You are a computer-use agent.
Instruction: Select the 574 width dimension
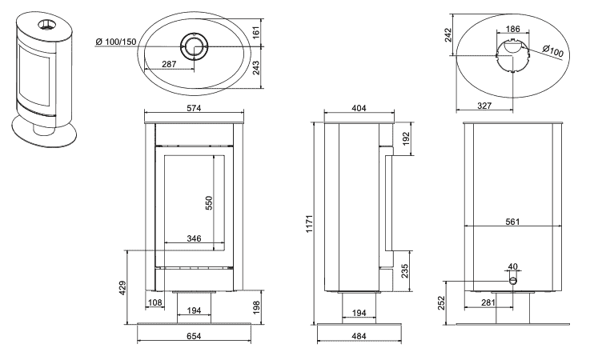click(194, 107)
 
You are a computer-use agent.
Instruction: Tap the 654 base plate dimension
click(195, 338)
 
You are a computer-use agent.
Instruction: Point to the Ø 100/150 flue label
click(115, 42)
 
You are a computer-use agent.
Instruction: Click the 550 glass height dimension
click(210, 202)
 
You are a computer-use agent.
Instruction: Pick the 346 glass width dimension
click(194, 238)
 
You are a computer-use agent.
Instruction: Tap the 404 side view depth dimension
click(358, 106)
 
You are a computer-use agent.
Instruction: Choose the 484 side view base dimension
click(358, 338)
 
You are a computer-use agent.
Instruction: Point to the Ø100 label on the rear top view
click(553, 51)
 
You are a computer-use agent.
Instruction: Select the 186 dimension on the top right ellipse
click(513, 30)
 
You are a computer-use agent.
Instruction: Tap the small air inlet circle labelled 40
click(513, 281)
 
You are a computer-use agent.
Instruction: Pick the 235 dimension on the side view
click(404, 269)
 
